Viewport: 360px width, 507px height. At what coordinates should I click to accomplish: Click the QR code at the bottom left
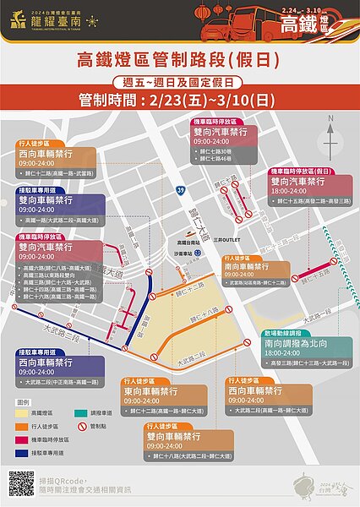pos(22,483)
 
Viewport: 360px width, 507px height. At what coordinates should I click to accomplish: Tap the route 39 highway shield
pos(181,191)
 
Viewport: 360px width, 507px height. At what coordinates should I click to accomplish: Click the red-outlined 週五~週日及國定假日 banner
pos(179,82)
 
